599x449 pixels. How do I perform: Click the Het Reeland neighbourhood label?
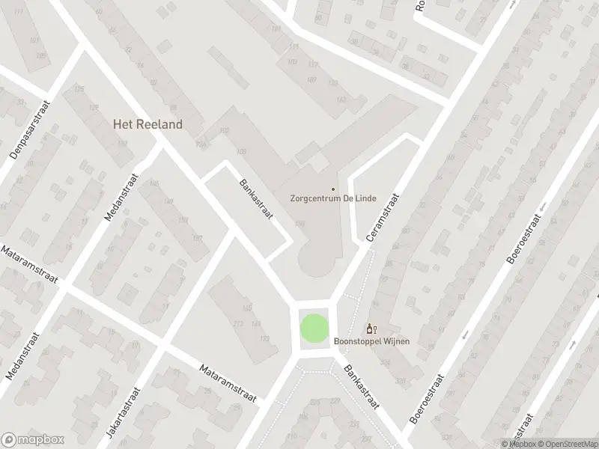(x=148, y=124)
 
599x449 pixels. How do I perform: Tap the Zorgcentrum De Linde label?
(x=333, y=199)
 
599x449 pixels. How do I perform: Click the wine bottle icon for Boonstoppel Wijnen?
(x=370, y=329)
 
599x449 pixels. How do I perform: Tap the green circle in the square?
(x=314, y=328)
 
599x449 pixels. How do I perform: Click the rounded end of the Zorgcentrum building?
(x=317, y=261)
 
